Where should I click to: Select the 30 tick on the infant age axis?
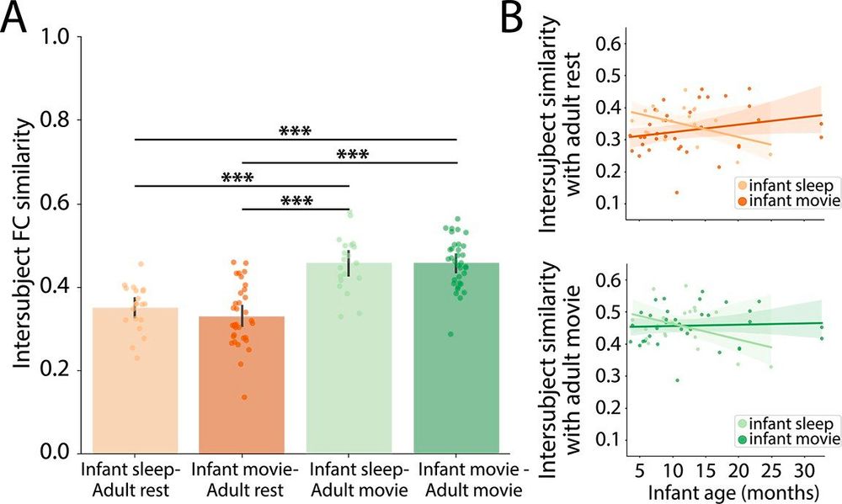[x=805, y=467]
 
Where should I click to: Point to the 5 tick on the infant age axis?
[x=639, y=467]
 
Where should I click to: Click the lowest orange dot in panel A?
[x=244, y=396]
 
